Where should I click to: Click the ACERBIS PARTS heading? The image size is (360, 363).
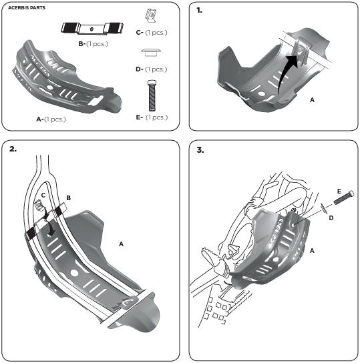pyautogui.click(x=27, y=7)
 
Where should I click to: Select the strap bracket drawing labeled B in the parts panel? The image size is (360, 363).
pyautogui.click(x=92, y=29)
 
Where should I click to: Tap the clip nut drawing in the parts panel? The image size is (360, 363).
pyautogui.click(x=151, y=15)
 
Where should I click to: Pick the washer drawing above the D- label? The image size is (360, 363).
pyautogui.click(x=151, y=52)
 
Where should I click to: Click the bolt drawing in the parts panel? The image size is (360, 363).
pyautogui.click(x=152, y=95)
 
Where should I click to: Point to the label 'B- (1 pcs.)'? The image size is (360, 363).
pyautogui.click(x=94, y=43)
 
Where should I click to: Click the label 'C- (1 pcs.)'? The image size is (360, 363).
pyautogui.click(x=152, y=33)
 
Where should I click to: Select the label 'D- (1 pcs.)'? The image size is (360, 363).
pyautogui.click(x=151, y=69)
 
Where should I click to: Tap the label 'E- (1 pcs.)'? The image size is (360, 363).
pyautogui.click(x=152, y=117)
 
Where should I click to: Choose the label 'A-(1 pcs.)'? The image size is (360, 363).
pyautogui.click(x=51, y=119)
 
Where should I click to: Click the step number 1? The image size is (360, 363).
pyautogui.click(x=199, y=10)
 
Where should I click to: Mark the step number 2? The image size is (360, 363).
pyautogui.click(x=13, y=149)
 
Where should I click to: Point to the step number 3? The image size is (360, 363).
pyautogui.click(x=200, y=150)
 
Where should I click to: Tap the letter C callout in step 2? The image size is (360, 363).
pyautogui.click(x=43, y=196)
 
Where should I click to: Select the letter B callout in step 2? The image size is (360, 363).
pyautogui.click(x=68, y=198)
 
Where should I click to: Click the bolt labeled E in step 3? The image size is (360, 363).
pyautogui.click(x=343, y=198)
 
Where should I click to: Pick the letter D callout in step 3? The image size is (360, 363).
pyautogui.click(x=331, y=218)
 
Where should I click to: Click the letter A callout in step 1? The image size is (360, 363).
pyautogui.click(x=312, y=100)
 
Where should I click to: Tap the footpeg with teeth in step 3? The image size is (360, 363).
pyautogui.click(x=210, y=256)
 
